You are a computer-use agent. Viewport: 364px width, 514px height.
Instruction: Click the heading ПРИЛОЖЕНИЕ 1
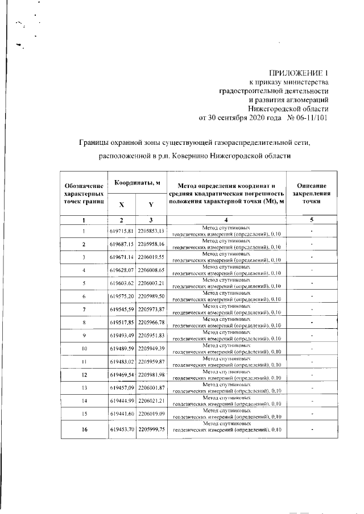[x=299, y=73]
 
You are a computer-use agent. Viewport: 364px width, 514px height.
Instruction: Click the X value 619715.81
[x=121, y=231]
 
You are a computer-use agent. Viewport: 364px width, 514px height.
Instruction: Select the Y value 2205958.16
[x=151, y=244]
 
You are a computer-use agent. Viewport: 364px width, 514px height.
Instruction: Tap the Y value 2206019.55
[x=151, y=257]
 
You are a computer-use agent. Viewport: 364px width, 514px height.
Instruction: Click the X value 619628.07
[x=121, y=270]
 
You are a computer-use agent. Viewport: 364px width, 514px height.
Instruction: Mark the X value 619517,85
[x=121, y=322]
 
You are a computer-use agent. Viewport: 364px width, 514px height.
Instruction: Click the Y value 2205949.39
[x=151, y=348]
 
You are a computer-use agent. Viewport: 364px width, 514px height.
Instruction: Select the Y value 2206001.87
[x=151, y=387]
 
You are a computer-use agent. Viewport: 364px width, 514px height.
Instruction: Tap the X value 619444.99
[x=121, y=400]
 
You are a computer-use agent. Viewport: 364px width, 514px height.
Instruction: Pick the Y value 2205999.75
[x=151, y=429]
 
